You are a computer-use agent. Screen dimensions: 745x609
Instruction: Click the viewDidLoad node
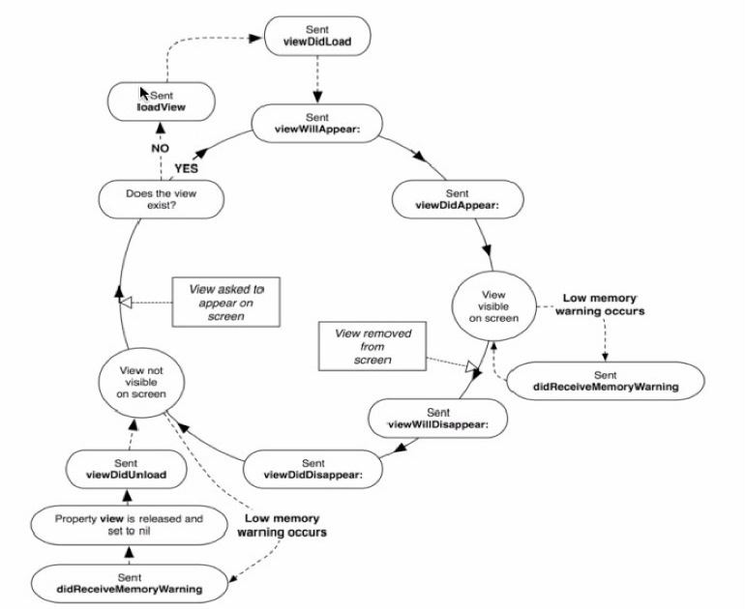(317, 36)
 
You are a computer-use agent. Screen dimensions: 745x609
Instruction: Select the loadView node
(161, 101)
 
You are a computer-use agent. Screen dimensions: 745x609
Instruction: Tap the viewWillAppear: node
(317, 124)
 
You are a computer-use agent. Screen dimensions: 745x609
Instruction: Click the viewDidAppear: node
(458, 199)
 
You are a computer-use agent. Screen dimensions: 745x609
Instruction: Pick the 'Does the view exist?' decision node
(161, 199)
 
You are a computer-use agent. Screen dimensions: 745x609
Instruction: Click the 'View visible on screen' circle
(493, 306)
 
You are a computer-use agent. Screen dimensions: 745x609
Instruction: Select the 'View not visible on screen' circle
(141, 383)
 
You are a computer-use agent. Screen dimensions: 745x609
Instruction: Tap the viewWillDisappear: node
(438, 419)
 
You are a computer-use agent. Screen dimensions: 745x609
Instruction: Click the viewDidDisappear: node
(313, 469)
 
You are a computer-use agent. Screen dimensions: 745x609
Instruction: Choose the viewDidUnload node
(127, 469)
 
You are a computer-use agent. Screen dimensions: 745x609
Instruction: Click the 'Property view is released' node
(129, 525)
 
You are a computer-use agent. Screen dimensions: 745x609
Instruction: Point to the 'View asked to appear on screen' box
(226, 303)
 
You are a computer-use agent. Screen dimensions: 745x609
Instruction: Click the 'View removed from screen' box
(372, 346)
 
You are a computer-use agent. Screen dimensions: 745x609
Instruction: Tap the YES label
(186, 168)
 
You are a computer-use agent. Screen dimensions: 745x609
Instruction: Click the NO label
(160, 149)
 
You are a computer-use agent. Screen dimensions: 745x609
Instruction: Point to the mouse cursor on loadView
(144, 93)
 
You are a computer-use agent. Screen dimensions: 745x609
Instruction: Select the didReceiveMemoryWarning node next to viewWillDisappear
(606, 381)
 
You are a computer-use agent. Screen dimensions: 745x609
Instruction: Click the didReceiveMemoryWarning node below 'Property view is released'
(130, 584)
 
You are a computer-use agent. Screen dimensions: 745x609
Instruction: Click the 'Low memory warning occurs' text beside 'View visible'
(600, 304)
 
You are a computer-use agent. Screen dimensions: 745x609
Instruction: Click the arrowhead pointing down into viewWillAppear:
(317, 97)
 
